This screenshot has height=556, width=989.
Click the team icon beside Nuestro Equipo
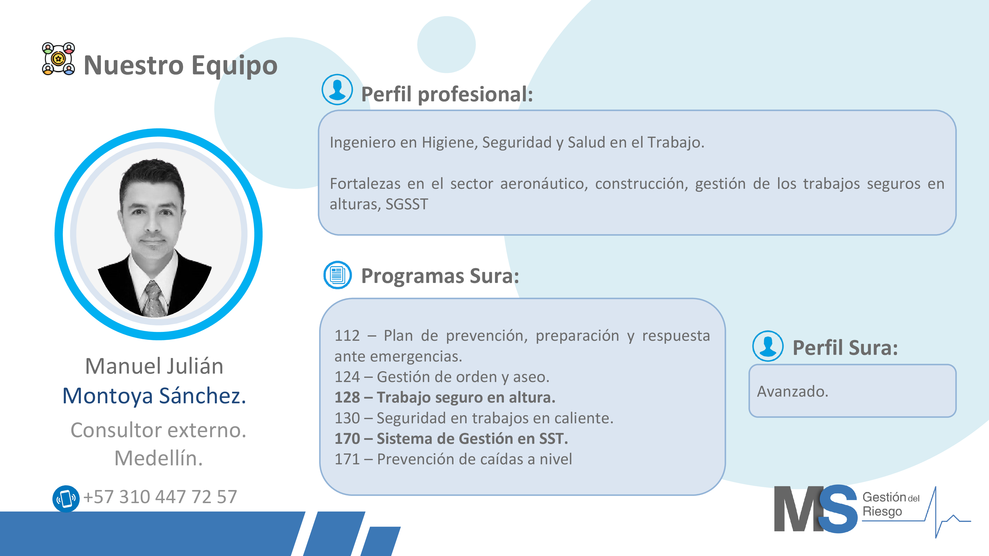(58, 59)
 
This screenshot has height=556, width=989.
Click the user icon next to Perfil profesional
(337, 89)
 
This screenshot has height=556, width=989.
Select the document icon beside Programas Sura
(337, 275)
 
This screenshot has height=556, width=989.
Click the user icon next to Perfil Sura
(768, 346)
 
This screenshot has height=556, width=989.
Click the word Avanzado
(792, 392)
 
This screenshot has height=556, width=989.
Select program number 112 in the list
(347, 336)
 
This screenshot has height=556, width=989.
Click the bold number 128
(347, 398)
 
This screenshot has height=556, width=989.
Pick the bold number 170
(347, 439)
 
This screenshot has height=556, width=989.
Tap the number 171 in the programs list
(347, 459)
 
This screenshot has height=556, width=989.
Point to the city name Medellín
(158, 458)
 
